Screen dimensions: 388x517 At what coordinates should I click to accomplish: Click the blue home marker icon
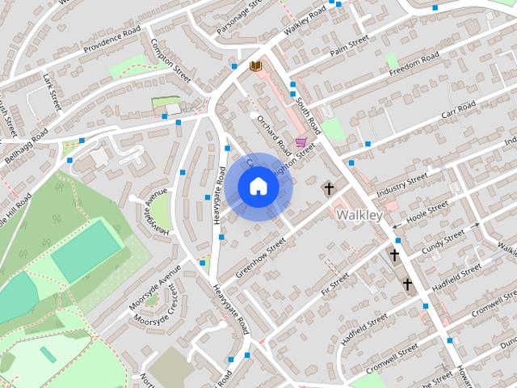coord(258,187)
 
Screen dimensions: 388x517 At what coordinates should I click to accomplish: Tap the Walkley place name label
coord(359,215)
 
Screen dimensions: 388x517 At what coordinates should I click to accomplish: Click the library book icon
coord(256,65)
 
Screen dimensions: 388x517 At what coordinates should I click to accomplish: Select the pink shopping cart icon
coord(301,143)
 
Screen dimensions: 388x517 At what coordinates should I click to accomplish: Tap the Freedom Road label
coord(414,64)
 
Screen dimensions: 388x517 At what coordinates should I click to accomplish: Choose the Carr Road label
coord(457,108)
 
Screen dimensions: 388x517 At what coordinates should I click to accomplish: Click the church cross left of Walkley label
coord(329,189)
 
